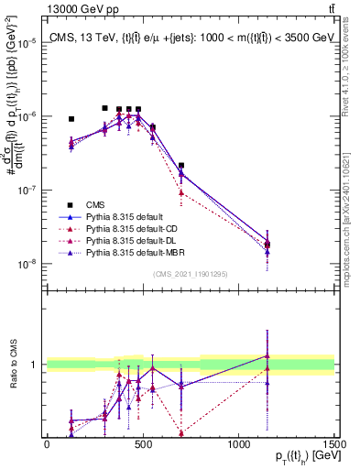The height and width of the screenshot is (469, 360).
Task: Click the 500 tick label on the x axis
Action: point(142,443)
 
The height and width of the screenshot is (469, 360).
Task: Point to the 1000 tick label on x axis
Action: point(237,443)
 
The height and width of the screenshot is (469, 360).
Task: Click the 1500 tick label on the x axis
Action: point(333,443)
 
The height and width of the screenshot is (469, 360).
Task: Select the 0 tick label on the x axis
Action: point(47,443)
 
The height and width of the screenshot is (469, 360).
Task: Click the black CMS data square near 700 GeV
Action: point(181,166)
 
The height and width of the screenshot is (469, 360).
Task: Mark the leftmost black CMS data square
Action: point(71,119)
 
